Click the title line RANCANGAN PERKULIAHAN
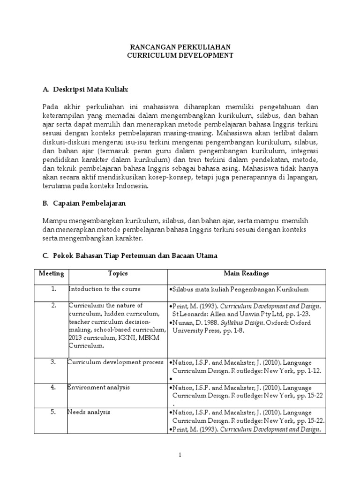coord(180,47)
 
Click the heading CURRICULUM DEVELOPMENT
coord(180,55)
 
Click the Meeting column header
coord(51,273)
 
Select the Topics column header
coord(118,273)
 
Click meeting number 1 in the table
coord(54,289)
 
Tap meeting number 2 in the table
coord(54,306)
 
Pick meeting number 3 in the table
coord(54,362)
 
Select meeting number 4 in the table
coord(54,387)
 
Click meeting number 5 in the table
coord(54,412)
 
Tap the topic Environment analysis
coord(98,387)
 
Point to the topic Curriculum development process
coord(115,362)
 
